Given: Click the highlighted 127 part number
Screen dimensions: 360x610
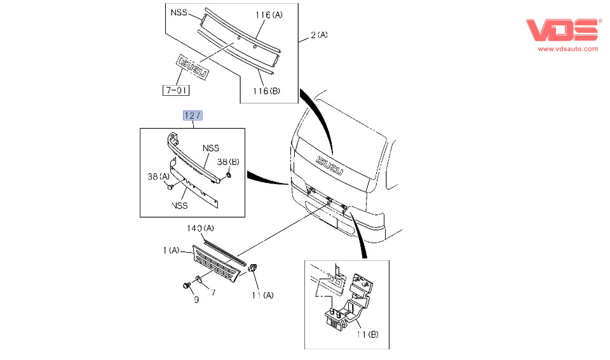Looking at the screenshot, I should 192,115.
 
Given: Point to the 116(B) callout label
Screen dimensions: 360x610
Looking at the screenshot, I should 266,91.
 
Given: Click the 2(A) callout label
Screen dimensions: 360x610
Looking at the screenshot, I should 319,36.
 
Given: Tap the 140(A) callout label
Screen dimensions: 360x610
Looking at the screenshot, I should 200,227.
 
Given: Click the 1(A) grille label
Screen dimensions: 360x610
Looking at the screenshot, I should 171,251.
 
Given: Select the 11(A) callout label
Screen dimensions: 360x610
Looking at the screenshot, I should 262,295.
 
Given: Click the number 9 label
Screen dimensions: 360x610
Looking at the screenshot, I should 196,300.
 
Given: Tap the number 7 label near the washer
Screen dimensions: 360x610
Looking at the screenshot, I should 213,293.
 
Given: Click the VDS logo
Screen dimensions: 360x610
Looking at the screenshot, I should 563,30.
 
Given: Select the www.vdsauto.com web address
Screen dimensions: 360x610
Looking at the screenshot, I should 568,48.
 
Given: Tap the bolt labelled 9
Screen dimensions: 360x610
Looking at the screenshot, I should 187,286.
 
